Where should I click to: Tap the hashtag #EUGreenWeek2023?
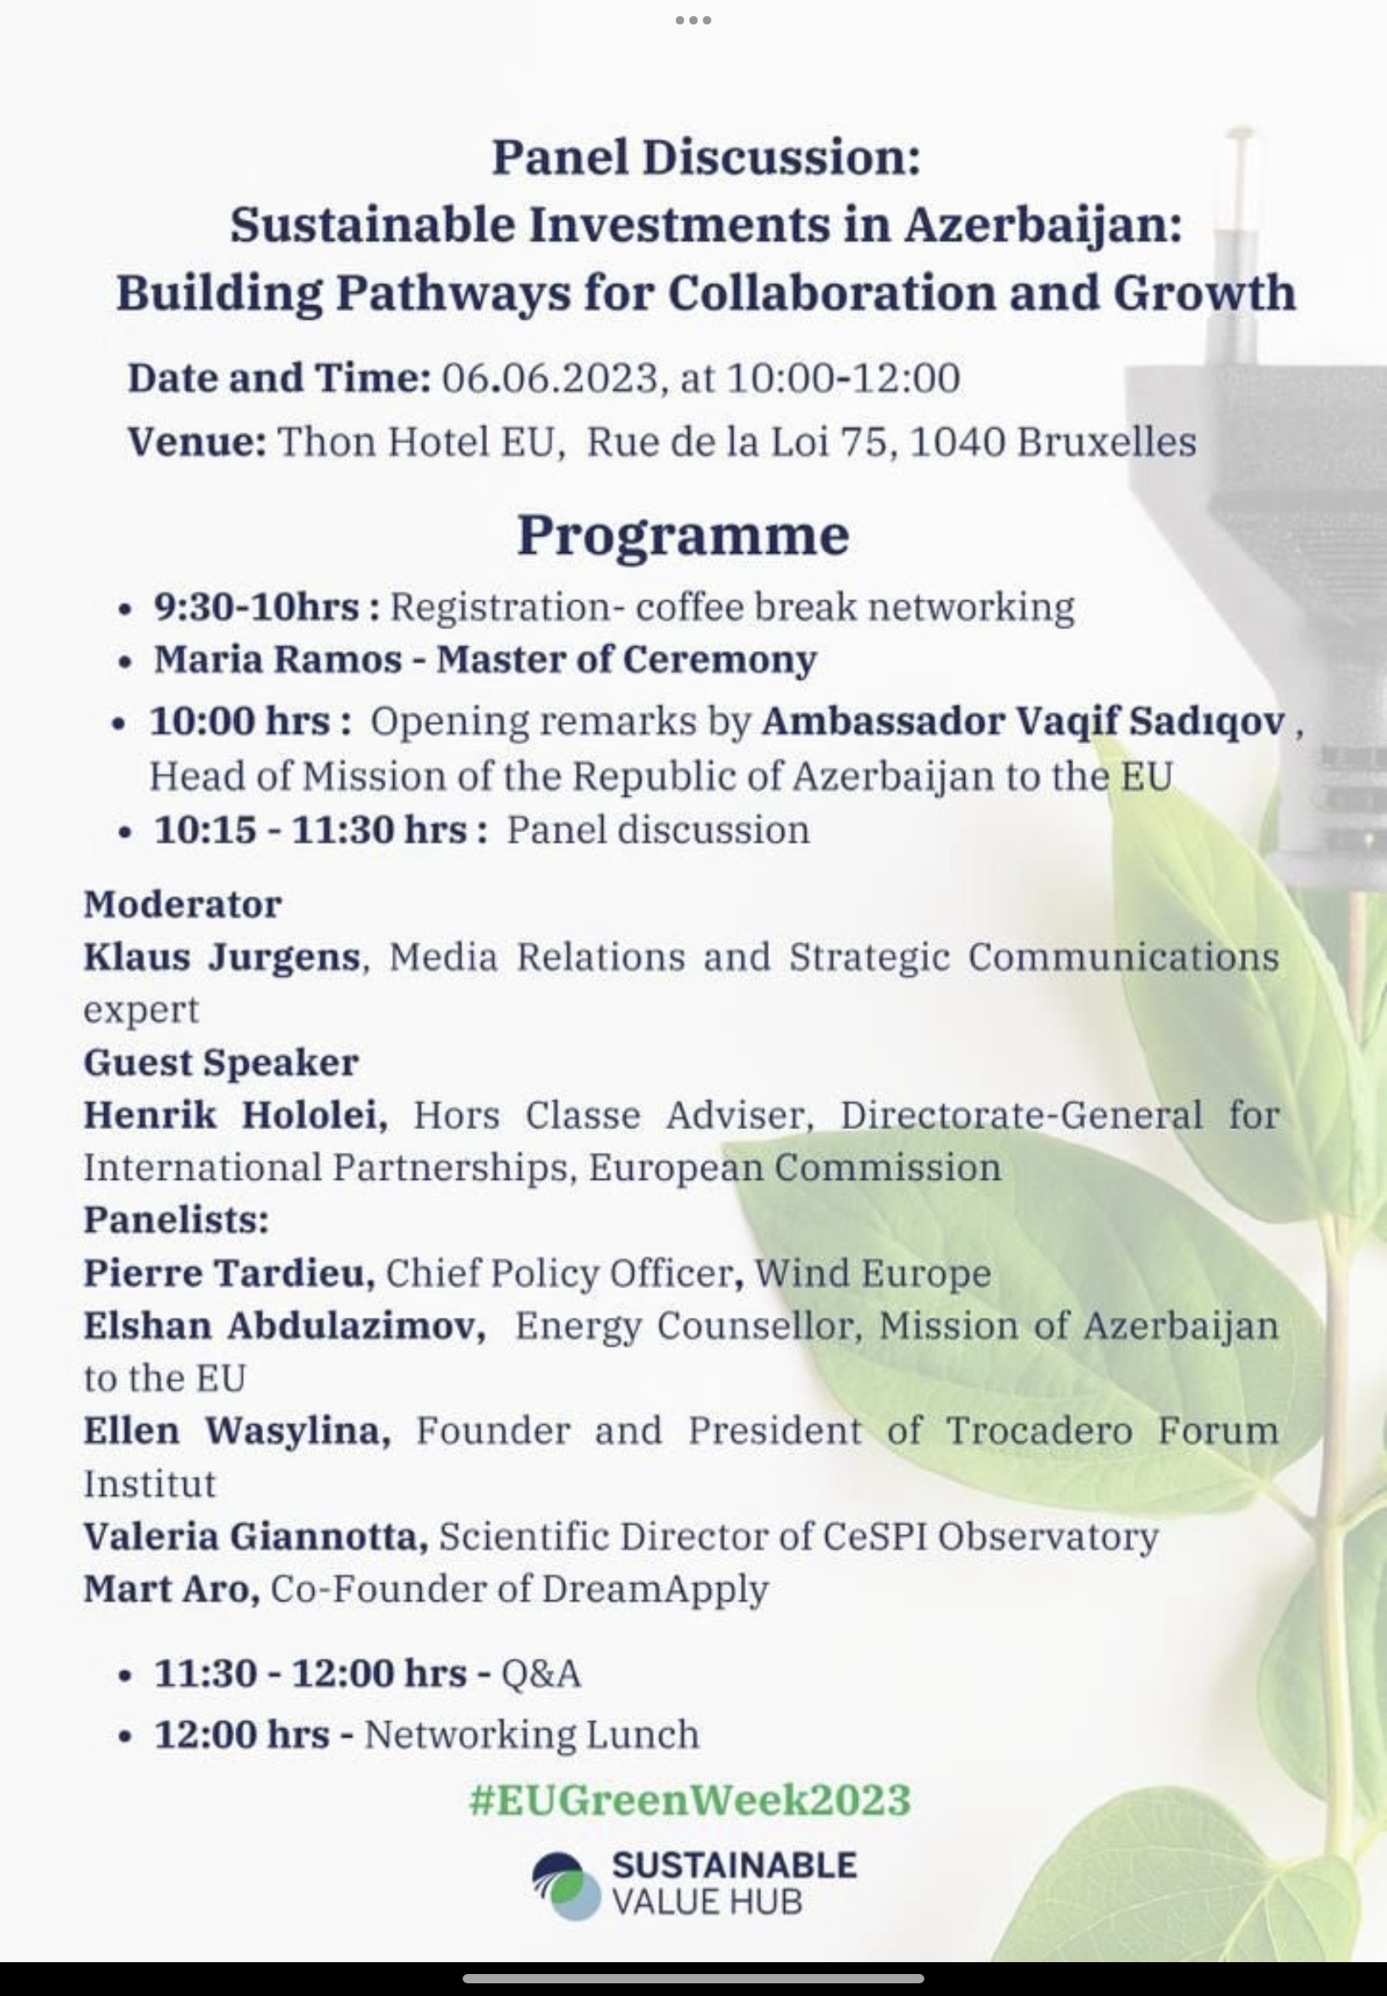point(690,1799)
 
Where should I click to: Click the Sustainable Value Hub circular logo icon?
point(567,1887)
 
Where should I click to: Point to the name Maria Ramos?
point(277,659)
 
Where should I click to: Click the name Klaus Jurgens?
point(222,957)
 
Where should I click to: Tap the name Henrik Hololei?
point(235,1115)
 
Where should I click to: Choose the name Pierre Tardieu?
point(228,1273)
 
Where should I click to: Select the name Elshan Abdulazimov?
point(284,1326)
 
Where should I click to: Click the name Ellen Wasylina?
point(236,1430)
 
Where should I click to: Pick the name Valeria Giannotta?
point(255,1536)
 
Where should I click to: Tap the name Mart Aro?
point(171,1588)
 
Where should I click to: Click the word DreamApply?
point(655,1588)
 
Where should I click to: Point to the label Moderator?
point(183,905)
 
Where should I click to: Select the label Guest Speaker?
point(221,1062)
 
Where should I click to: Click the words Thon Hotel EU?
point(415,441)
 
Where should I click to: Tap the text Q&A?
point(540,1673)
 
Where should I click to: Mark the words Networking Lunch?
point(531,1735)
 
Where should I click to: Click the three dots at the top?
point(693,20)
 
